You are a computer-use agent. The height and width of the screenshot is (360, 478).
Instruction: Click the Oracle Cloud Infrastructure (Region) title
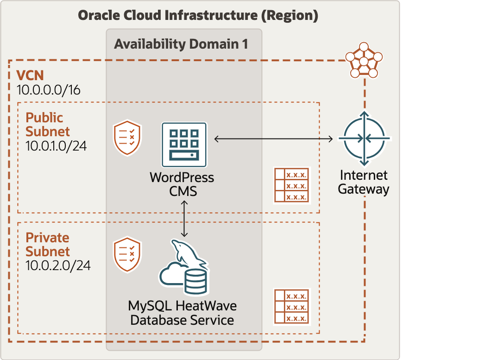(198, 15)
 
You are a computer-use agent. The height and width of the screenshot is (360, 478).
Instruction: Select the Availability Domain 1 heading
(181, 44)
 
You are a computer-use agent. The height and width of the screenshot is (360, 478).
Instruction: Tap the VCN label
(30, 76)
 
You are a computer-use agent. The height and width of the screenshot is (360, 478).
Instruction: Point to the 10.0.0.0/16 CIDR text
(48, 90)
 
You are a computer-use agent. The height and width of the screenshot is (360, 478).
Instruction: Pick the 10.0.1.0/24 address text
(56, 146)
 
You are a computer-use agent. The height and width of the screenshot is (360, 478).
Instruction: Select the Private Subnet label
(47, 245)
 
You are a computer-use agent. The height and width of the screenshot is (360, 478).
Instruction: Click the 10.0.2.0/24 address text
(58, 266)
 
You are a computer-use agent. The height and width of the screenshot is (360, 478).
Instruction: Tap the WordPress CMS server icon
(184, 144)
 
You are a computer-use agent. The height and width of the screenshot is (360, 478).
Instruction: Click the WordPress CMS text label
(182, 183)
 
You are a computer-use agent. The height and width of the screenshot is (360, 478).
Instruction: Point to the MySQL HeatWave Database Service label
(182, 313)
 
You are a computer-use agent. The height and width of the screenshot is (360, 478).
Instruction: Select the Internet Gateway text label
(364, 182)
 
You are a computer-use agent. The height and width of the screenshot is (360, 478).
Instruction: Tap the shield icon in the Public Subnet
(127, 138)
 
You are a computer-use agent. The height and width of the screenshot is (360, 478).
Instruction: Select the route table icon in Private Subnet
(291, 306)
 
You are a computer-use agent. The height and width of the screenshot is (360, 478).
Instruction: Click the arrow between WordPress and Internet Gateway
(274, 139)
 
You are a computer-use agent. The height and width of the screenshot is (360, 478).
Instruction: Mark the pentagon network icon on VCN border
(364, 61)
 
